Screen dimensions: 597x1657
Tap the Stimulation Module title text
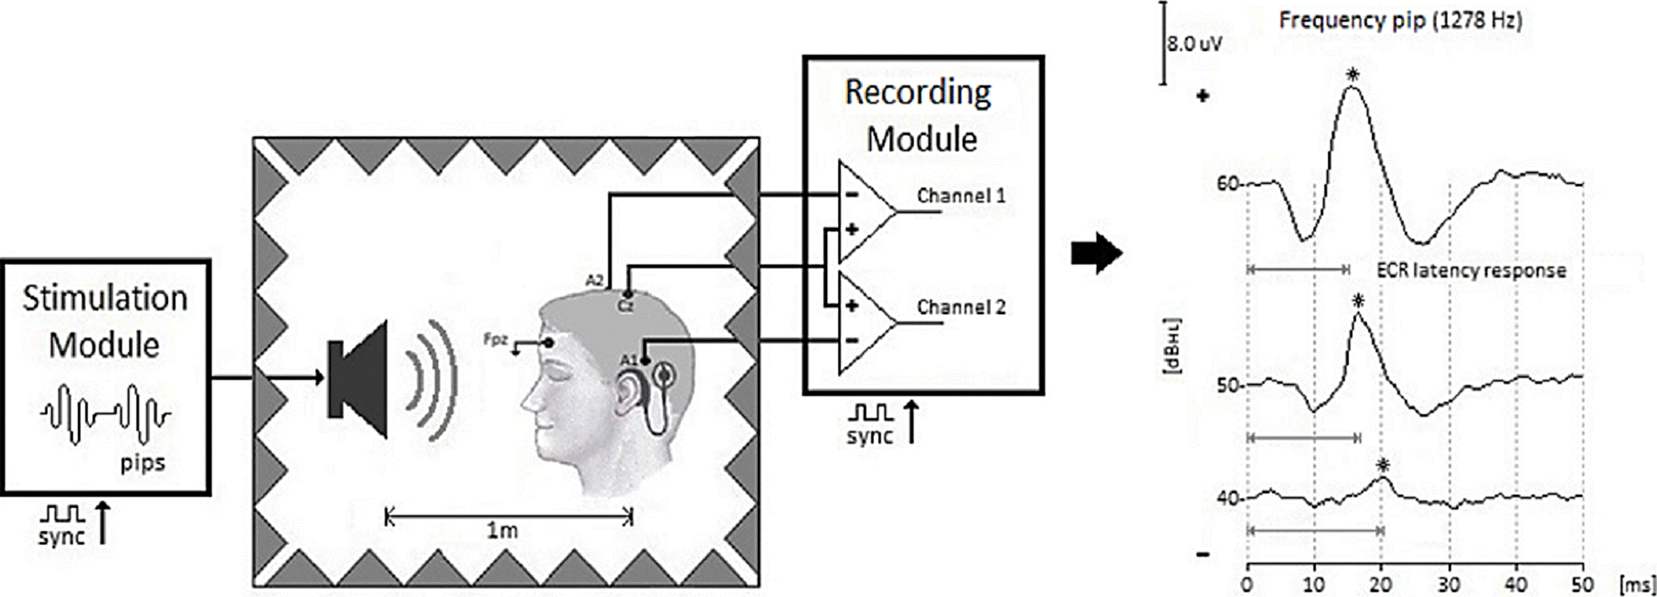click(x=104, y=321)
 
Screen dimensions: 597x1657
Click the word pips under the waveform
click(x=143, y=463)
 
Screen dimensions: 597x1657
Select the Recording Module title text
click(x=919, y=115)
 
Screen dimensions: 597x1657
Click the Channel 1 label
click(x=961, y=196)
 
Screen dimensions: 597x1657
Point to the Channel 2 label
click(x=961, y=308)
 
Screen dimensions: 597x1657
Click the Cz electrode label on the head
click(x=625, y=306)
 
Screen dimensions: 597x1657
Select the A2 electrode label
click(x=593, y=281)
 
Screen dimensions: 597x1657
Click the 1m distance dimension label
click(x=502, y=530)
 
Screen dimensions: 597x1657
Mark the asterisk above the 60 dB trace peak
click(x=1352, y=75)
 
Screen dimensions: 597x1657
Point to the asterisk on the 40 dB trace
click(x=1383, y=465)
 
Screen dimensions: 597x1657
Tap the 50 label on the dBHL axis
click(x=1227, y=385)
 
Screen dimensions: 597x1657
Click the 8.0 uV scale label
click(x=1194, y=44)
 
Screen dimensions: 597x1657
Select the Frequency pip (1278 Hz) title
click(x=1399, y=21)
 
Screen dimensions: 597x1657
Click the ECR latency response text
click(x=1471, y=271)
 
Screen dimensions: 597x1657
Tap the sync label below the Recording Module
click(x=869, y=437)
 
